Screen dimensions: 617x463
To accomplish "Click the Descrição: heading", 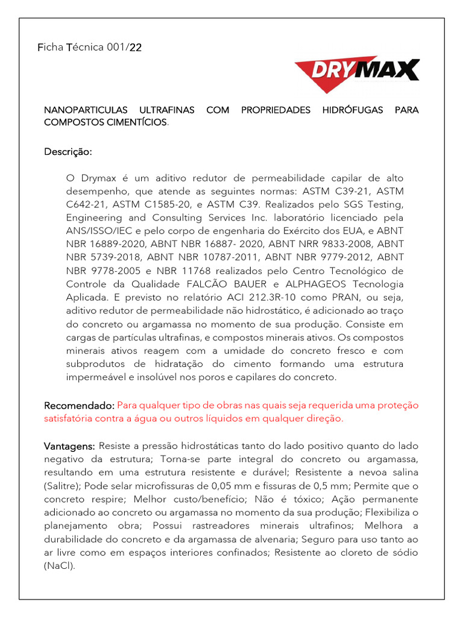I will click(68, 151).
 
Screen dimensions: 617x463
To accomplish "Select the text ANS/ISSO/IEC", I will click(95, 231).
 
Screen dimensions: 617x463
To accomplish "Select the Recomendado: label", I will click(79, 406).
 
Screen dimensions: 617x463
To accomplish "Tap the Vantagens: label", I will click(69, 446).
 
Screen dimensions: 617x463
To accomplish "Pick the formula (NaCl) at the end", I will click(59, 566).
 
